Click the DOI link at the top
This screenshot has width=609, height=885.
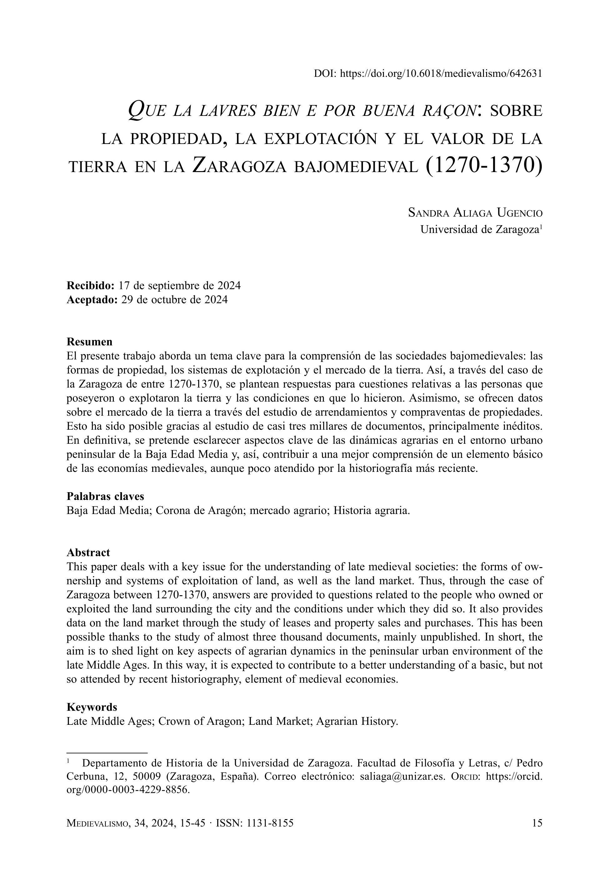pos(440,74)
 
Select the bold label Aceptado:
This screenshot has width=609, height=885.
pos(92,299)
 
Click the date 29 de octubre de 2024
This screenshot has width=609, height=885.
pos(174,299)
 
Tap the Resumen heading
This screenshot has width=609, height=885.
pos(89,341)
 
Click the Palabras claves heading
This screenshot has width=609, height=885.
pos(105,496)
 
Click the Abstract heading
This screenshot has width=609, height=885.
pos(88,552)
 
